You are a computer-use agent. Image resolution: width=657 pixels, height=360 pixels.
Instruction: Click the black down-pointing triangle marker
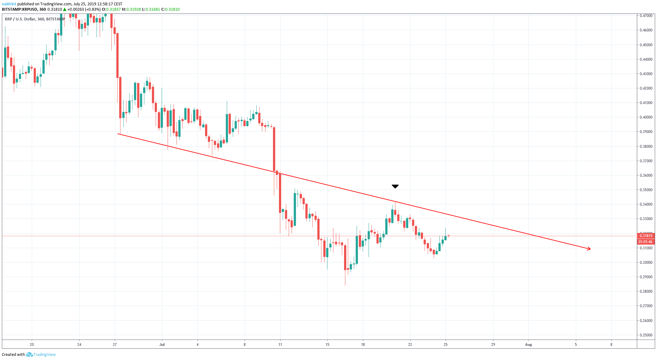tap(395, 186)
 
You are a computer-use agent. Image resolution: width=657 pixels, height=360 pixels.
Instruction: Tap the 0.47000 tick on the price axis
tap(646, 16)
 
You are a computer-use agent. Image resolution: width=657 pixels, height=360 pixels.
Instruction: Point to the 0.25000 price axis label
tap(646, 335)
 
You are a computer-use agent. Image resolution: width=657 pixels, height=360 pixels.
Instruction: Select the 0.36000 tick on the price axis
tap(646, 175)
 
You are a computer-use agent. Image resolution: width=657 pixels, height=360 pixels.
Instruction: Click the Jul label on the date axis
tap(162, 345)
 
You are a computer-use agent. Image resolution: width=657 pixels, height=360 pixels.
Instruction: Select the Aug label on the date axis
tap(528, 345)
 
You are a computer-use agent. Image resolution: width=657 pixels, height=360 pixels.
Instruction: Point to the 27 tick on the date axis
tap(115, 345)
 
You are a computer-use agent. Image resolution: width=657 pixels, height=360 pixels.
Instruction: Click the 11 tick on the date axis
tap(280, 345)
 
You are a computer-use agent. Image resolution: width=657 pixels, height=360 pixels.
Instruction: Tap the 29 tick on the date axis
tap(493, 345)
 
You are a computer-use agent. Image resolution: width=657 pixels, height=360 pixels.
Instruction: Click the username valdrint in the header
tap(9, 4)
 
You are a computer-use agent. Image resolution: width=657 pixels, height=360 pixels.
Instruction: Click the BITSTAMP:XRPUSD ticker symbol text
tap(19, 9)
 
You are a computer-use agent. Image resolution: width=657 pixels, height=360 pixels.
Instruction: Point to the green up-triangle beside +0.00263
tap(65, 9)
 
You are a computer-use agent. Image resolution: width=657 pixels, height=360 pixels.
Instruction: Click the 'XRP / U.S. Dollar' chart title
tap(20, 19)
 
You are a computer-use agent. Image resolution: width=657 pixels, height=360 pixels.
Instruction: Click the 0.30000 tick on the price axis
tap(646, 263)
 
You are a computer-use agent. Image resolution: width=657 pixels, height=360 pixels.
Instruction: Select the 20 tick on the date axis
tap(32, 345)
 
